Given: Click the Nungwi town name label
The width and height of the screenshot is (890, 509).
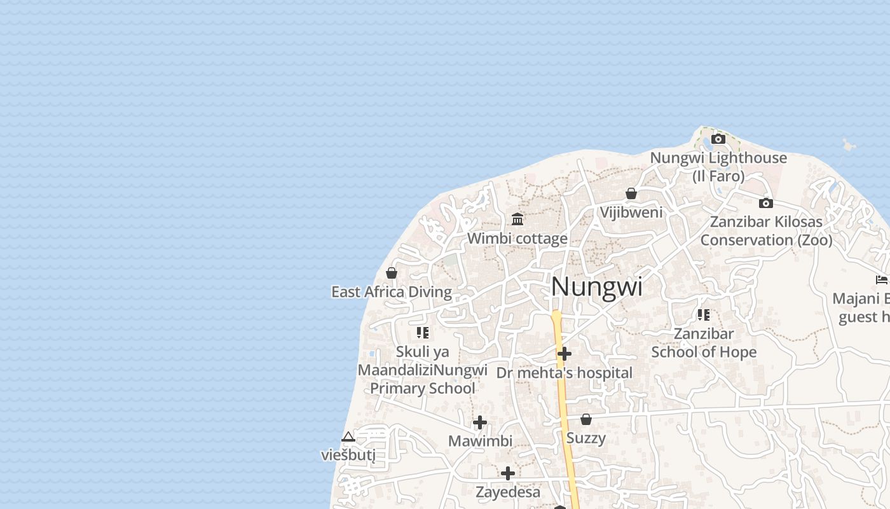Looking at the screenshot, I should pos(596,287).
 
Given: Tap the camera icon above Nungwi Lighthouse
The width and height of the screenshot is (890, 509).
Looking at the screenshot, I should pos(718,139).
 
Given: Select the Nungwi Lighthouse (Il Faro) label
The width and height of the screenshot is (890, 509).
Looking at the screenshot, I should pos(718,167).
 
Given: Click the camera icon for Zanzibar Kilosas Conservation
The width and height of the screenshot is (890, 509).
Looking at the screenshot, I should pos(766,203).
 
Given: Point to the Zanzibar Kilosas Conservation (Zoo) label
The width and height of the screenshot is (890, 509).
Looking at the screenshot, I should pos(766,231).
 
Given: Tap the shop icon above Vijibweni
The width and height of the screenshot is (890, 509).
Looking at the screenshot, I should pos(631,193).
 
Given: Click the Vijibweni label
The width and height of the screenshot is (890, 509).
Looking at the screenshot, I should pos(631,213).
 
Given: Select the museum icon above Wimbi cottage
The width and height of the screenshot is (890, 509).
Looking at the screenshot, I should pos(517,220).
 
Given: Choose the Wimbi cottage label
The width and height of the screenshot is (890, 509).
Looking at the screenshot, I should pos(517,239).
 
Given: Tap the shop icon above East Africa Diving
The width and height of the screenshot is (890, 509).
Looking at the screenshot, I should pos(392,273).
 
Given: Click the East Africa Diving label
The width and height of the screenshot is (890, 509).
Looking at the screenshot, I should pos(392,292).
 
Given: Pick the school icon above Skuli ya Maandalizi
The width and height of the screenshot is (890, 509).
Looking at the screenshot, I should pos(423,332).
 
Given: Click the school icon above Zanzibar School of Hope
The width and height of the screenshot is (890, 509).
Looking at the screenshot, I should pos(704,314).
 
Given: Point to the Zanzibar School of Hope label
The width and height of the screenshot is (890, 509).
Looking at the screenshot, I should pos(704,343).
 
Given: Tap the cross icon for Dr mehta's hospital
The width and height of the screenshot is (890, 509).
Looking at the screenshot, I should pos(565,354).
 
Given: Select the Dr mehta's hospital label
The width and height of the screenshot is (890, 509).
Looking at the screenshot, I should pos(565,373).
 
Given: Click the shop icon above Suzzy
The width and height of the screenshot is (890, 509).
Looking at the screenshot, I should pos(586,419).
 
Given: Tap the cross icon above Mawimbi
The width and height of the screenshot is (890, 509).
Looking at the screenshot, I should pos(480,422).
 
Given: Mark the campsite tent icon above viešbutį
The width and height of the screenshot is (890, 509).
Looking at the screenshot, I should pos(348,436).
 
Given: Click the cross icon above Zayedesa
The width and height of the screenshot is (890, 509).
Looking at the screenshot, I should pos(508,473).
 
